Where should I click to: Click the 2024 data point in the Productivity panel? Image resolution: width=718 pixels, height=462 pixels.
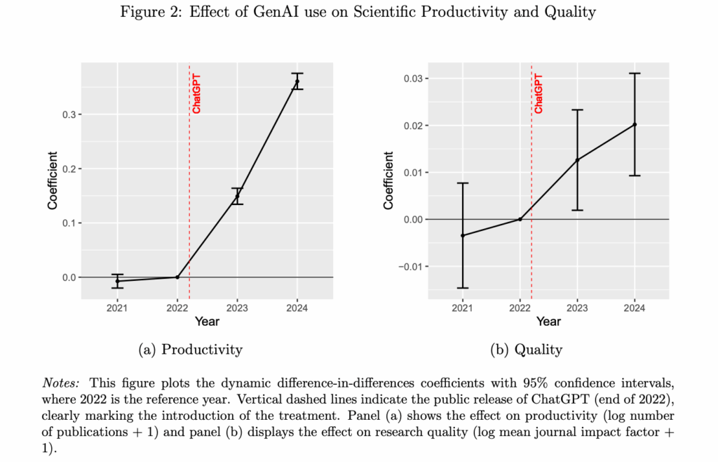click(297, 81)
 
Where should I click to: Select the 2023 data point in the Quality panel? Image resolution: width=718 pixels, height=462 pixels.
click(577, 160)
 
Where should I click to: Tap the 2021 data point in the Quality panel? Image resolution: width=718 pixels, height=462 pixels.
click(462, 235)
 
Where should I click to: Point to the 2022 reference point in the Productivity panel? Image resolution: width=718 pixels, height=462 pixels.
click(177, 277)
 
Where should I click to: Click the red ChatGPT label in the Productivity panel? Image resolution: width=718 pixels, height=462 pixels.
click(196, 93)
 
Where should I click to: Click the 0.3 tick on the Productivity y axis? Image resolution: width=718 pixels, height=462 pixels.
click(69, 114)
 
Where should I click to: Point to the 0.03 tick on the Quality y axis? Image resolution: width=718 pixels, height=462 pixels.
click(410, 78)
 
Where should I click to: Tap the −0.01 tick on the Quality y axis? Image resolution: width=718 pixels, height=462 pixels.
click(408, 266)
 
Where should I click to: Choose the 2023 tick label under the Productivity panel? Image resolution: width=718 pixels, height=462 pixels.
click(237, 308)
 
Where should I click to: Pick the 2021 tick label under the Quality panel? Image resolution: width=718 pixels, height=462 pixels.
click(462, 308)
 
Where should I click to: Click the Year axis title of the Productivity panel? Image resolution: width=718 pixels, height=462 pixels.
click(207, 322)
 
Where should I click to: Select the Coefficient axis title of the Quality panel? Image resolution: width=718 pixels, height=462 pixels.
click(388, 180)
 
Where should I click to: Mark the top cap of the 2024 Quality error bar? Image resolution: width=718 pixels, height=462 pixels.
click(635, 73)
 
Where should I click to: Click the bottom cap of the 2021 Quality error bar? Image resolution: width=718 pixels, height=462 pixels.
click(462, 288)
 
